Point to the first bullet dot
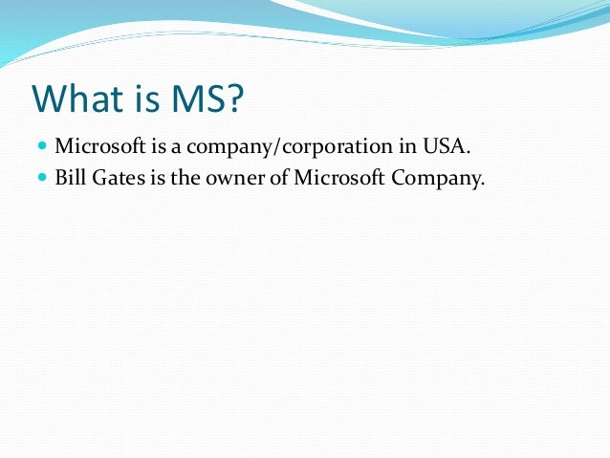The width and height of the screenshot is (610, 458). coord(42,146)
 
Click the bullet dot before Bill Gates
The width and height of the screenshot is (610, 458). coord(42,175)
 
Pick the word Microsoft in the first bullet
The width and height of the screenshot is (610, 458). coord(97,146)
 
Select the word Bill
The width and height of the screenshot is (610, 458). coord(71,175)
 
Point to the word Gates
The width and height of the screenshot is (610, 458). coord(119,175)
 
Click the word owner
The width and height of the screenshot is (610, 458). coord(235,176)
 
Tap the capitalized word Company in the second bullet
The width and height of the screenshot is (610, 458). coord(432,176)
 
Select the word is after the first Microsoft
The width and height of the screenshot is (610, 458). coord(152,146)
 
